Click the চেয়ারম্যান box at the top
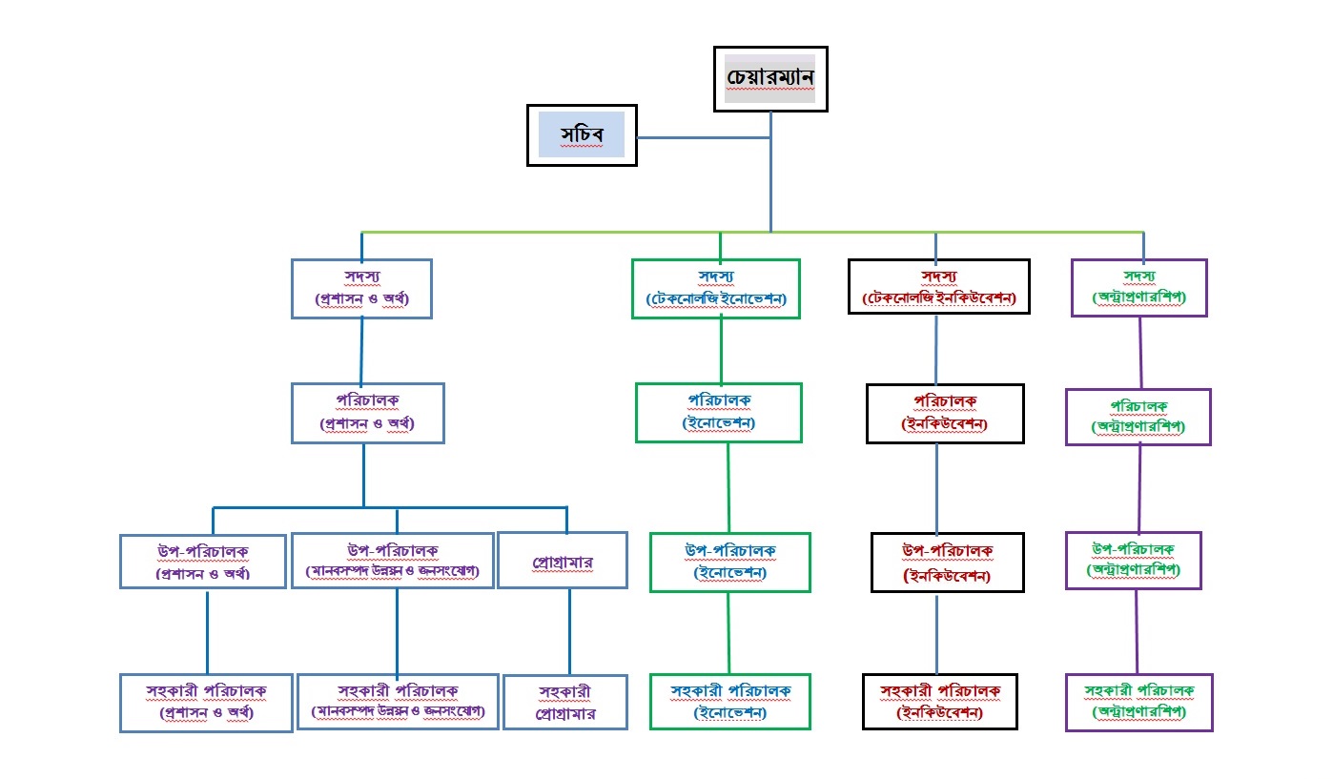point(770,79)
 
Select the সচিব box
point(582,136)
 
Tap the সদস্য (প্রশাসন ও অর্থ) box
point(361,288)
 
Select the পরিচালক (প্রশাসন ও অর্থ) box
point(367,413)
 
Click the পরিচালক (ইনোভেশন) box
point(719,413)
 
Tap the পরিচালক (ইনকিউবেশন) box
point(944,414)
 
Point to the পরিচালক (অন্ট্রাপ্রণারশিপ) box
point(1138,417)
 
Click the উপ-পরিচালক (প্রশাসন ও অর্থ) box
point(203,562)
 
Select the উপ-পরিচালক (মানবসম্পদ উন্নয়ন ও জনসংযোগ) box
point(393,561)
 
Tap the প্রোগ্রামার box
point(563,561)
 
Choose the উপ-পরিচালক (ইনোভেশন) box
point(730,562)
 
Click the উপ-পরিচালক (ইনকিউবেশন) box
point(947,563)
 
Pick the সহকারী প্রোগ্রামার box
point(565,703)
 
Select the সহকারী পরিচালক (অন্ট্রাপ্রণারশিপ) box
point(1138,702)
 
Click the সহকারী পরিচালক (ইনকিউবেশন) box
point(939,702)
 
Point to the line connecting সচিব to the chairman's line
point(704,138)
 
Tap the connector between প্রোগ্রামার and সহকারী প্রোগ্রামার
point(569,631)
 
